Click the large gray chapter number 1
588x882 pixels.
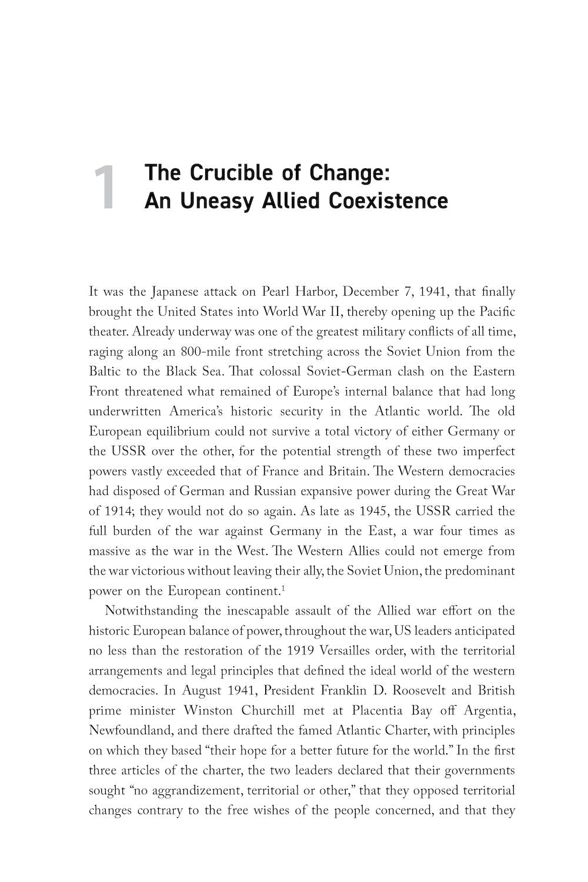pos(105,188)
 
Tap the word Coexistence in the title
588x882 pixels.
pos(388,201)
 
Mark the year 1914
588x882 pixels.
pos(122,511)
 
